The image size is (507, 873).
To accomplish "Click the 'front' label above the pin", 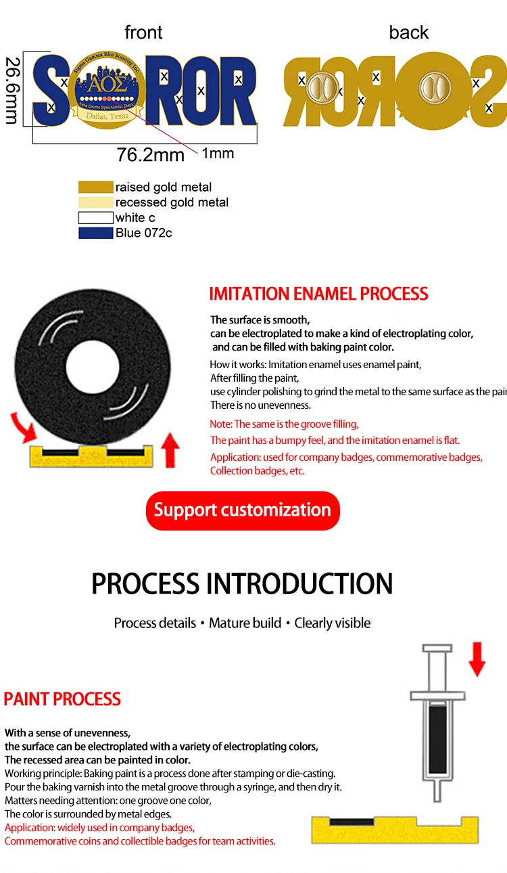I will pos(143,32).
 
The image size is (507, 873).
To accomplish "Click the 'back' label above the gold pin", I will pos(408,32).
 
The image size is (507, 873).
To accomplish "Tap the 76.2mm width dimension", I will pos(150,155).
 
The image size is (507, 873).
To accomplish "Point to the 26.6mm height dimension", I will pos(11,90).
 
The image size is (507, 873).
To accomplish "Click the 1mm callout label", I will pos(218,154).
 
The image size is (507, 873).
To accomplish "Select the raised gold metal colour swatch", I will pos(95,187).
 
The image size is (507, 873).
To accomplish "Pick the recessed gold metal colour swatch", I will pos(95,202).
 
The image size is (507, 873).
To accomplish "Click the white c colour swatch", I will pos(95,218).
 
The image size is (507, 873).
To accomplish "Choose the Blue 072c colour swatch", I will pos(95,233).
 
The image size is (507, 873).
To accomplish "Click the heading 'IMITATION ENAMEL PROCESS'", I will pos(318,294).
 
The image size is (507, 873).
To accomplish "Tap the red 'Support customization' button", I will pos(243,510).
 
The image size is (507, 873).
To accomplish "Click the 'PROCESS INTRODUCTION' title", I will pos(242,584).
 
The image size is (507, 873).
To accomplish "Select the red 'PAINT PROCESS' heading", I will pos(62,699).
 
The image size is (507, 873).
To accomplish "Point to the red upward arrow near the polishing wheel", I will pos(170,451).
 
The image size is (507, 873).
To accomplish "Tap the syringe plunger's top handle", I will pos(437,649).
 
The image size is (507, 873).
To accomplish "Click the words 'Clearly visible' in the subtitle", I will pos(333,623).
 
